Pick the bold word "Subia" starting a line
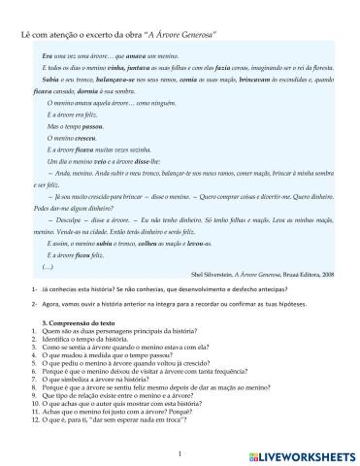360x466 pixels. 51,82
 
